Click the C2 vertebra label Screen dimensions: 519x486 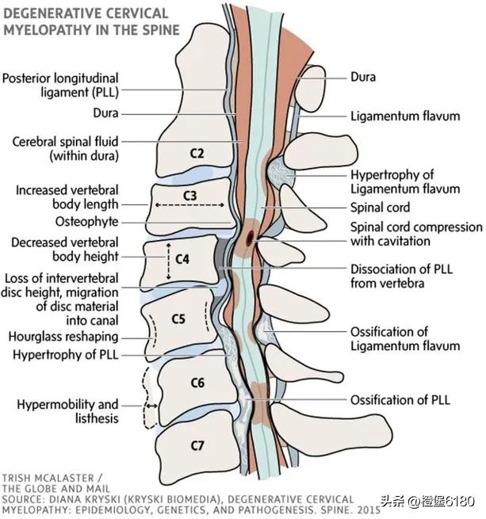point(197,152)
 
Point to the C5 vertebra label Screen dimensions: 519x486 point(179,319)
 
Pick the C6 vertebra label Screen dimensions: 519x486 point(197,384)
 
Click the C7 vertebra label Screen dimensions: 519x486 point(197,445)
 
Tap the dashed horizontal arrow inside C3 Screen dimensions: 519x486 point(190,204)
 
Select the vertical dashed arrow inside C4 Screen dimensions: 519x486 point(167,261)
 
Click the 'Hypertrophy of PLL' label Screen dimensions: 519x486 point(65,354)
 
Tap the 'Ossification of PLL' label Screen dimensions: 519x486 point(400,399)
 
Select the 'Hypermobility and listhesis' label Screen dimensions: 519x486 point(67,411)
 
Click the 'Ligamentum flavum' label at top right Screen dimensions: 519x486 point(405,116)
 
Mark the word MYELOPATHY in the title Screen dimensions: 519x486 point(50,29)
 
